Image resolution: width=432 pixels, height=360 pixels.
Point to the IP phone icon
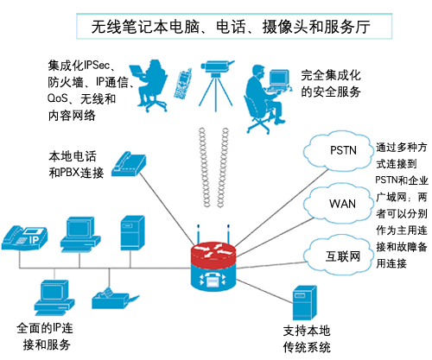coord(26,234)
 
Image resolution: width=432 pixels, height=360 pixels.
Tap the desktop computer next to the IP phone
coord(78,228)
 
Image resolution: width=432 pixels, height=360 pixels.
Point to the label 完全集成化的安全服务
coord(341,84)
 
